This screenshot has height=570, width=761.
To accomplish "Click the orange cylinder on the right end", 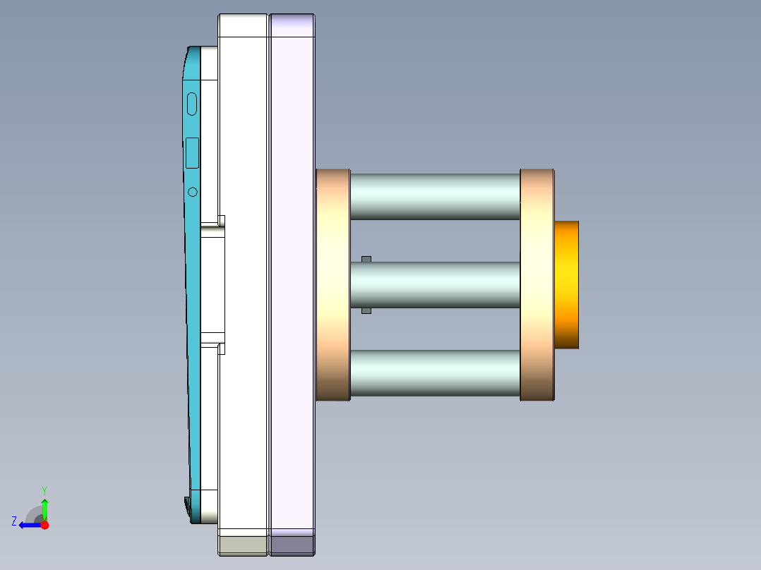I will (566, 284).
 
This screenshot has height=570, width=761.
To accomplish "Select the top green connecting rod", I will (435, 196).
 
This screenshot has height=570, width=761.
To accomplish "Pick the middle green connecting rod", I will (435, 284).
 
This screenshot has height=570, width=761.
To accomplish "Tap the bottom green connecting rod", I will (435, 372).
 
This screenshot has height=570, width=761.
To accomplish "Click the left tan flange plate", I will (332, 284).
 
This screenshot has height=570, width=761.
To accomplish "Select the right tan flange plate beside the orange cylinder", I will (537, 284).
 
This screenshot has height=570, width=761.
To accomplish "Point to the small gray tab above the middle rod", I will (366, 260).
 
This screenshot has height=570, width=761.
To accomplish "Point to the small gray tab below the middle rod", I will (366, 310).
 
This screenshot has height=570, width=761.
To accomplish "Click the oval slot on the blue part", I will (192, 104).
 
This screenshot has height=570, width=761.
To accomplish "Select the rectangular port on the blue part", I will (192, 152).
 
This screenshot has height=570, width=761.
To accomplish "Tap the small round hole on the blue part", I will (193, 192).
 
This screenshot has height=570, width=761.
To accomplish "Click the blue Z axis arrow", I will (28, 525).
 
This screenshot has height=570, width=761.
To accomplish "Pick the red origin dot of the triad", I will (44, 525).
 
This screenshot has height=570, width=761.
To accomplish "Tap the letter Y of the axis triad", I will (44, 490).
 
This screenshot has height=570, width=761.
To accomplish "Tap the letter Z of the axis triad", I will (14, 521).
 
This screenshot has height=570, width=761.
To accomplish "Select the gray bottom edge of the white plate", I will (244, 545).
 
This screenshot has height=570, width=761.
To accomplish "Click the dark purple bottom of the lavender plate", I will (292, 545).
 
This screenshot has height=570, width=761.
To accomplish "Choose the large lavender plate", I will (292, 282).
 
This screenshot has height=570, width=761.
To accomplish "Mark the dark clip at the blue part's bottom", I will (187, 505).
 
